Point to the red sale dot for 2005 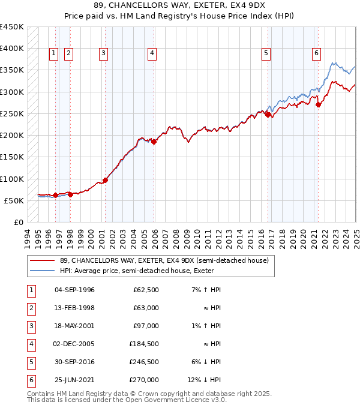[154, 142]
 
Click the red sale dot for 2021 [318, 104]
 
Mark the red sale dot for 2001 [105, 180]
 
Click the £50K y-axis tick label [14, 200]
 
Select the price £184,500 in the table [143, 344]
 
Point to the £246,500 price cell [143, 362]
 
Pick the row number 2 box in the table [31, 308]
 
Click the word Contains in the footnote [42, 394]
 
